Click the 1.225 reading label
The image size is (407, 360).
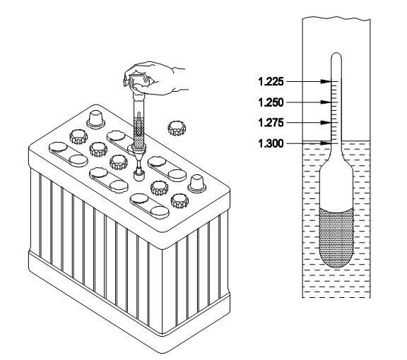[271, 82]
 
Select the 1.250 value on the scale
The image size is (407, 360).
[271, 102]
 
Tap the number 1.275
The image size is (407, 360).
[271, 122]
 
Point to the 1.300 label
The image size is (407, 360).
[271, 143]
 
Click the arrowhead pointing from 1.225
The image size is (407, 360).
[326, 82]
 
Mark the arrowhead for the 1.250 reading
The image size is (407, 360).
[326, 102]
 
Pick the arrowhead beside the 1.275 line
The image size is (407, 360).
[326, 122]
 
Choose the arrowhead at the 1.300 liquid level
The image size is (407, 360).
[326, 143]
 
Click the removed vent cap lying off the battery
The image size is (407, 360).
[177, 128]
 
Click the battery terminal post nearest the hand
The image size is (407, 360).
[96, 119]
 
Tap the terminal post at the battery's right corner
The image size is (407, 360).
[196, 184]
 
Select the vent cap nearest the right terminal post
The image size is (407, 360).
[179, 201]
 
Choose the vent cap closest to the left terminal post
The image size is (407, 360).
[78, 137]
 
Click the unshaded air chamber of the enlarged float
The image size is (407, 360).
[336, 188]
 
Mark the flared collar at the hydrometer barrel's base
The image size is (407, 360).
[139, 148]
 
